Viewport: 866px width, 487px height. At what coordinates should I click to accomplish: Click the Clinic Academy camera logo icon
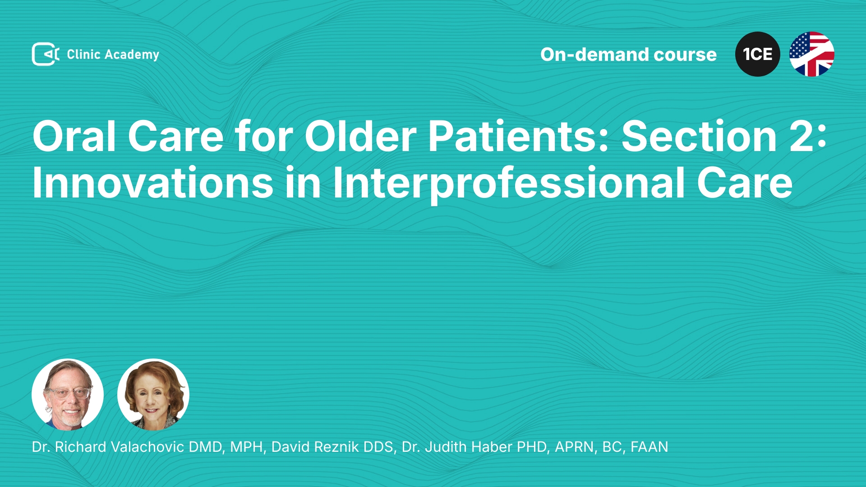pyautogui.click(x=46, y=54)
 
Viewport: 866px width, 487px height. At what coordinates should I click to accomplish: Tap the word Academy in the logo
pyautogui.click(x=132, y=55)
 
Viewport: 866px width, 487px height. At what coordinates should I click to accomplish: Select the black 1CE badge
pyautogui.click(x=758, y=54)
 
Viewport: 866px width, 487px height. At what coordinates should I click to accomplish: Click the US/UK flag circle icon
pyautogui.click(x=812, y=54)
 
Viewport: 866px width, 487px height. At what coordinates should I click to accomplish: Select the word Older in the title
pyautogui.click(x=360, y=136)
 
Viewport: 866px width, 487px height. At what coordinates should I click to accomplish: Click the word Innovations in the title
pyautogui.click(x=153, y=182)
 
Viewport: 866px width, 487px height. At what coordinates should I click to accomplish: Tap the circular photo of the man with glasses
pyautogui.click(x=68, y=395)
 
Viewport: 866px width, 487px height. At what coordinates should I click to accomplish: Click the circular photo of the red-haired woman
pyautogui.click(x=153, y=395)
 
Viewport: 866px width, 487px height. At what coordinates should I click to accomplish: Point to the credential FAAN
pyautogui.click(x=649, y=447)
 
